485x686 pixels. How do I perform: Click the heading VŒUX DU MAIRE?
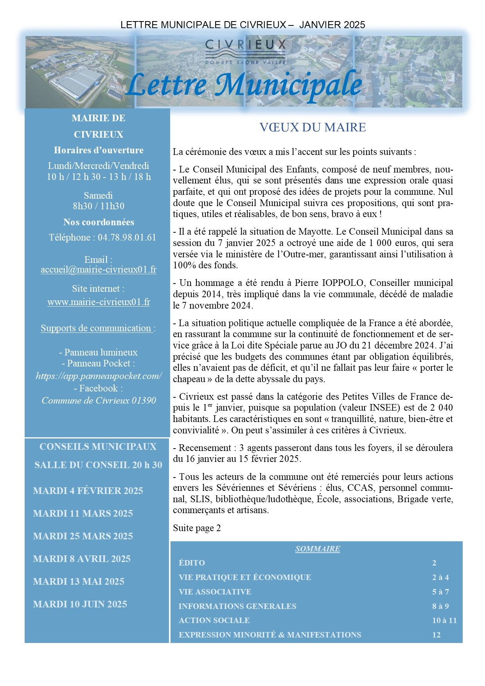click(313, 128)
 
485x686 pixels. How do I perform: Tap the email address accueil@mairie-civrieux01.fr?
click(99, 270)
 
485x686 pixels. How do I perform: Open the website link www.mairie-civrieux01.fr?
click(99, 302)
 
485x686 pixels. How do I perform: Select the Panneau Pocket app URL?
click(99, 376)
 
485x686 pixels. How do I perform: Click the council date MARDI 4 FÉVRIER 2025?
click(88, 491)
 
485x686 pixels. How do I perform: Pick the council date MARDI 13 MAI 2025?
click(79, 582)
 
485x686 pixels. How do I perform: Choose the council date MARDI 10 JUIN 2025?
click(80, 604)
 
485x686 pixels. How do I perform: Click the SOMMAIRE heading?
click(317, 549)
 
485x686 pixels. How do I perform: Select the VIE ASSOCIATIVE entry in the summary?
click(215, 592)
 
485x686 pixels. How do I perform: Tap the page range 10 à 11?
click(444, 620)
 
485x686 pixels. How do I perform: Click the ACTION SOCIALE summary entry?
click(214, 620)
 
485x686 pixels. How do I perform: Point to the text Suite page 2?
click(197, 528)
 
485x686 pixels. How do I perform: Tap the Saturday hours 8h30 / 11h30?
click(99, 206)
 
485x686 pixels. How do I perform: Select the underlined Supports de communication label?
click(96, 328)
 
